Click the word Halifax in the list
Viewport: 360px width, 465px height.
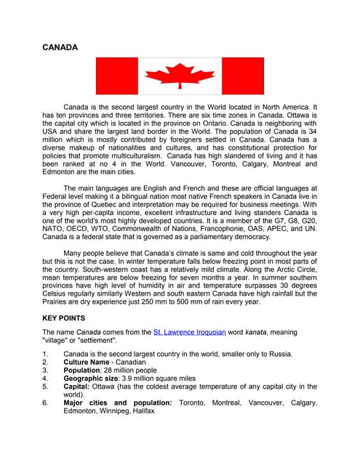[143, 411]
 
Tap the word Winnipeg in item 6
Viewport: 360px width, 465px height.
[113, 411]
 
